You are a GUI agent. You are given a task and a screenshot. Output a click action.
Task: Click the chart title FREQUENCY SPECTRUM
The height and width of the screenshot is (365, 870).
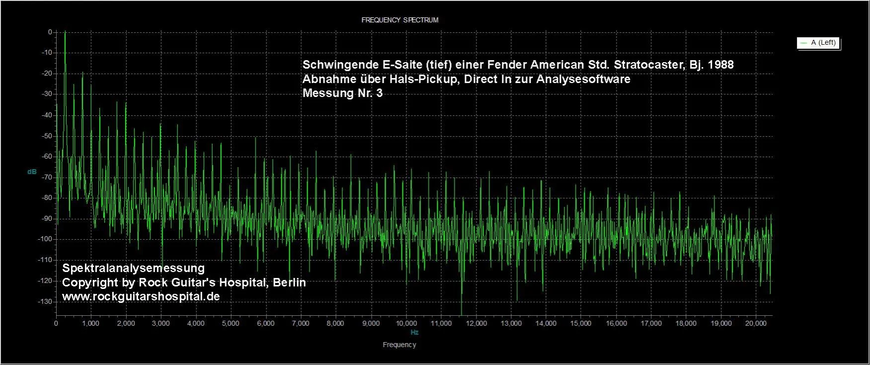(399, 20)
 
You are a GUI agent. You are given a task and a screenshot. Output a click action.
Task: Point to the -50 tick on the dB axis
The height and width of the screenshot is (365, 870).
(49, 136)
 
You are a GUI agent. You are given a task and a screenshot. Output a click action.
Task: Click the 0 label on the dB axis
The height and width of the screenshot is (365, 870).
(50, 32)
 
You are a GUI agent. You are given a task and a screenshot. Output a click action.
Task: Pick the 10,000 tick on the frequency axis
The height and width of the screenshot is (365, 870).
(406, 324)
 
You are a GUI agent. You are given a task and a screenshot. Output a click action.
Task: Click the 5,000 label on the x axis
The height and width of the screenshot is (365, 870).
(231, 324)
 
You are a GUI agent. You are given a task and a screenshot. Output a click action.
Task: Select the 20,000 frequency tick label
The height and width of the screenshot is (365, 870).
(756, 324)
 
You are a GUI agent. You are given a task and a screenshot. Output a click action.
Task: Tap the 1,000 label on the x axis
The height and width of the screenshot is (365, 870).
(90, 324)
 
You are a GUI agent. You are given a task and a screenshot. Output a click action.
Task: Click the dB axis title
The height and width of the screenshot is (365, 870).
(32, 172)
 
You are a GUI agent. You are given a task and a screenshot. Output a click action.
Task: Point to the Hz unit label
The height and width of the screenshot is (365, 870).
(414, 333)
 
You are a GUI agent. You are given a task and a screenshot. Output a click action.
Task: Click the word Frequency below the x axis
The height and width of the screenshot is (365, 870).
(399, 345)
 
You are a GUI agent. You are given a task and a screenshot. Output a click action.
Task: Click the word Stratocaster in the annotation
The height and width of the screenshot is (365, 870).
(648, 65)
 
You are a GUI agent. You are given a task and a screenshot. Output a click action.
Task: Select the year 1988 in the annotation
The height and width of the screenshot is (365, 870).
(720, 65)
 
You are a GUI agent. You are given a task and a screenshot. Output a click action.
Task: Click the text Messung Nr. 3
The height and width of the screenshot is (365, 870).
(342, 93)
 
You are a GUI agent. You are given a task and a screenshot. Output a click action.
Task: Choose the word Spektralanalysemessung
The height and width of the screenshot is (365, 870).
(133, 269)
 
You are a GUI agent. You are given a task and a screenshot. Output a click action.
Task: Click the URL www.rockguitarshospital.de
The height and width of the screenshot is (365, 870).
(141, 297)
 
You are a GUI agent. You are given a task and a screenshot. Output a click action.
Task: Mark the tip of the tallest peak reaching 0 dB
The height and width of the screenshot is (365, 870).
(65, 32)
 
